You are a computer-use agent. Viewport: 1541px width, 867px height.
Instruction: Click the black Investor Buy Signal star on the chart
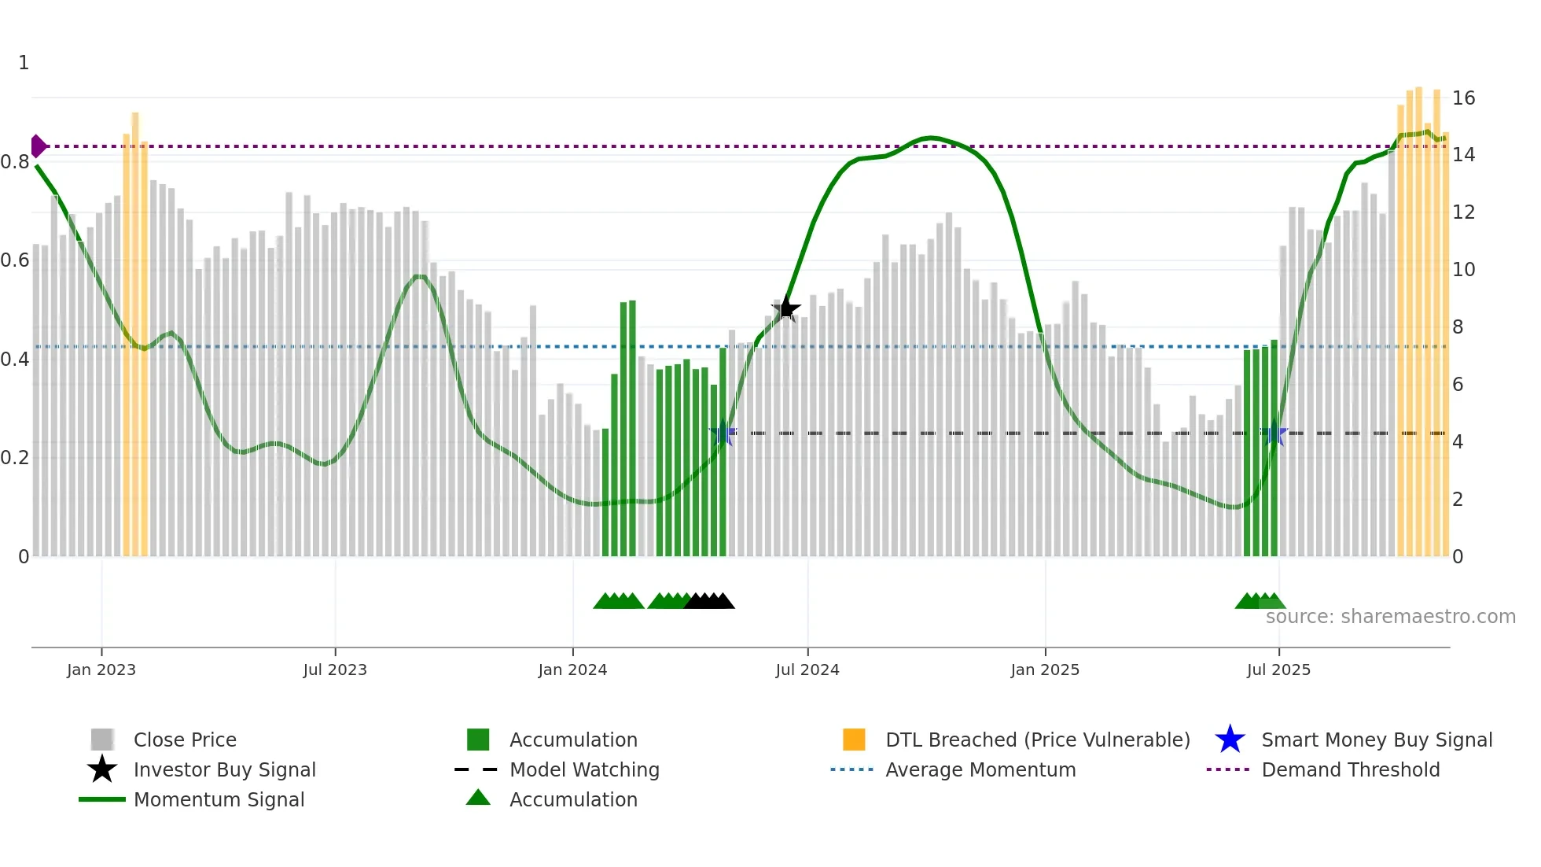(x=785, y=309)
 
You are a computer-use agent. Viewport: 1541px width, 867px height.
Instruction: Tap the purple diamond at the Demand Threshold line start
(x=38, y=146)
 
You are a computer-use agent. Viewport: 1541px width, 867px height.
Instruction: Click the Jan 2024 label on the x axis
(x=572, y=670)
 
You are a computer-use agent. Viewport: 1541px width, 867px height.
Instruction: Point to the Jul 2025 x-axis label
(x=1278, y=670)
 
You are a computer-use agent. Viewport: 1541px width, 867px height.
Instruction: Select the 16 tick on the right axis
(x=1463, y=98)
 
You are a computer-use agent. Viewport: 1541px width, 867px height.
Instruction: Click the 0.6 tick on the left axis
(x=15, y=260)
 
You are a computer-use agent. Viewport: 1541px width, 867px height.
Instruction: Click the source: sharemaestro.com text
(x=1390, y=617)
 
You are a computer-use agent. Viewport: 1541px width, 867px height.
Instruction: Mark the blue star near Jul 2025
(x=1274, y=434)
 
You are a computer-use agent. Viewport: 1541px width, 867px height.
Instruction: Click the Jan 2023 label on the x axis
(x=101, y=670)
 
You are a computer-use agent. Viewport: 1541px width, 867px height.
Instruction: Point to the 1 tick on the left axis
(x=24, y=63)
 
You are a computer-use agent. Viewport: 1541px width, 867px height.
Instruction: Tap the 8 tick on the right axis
(x=1458, y=327)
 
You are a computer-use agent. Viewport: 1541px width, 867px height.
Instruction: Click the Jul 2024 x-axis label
(x=807, y=670)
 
